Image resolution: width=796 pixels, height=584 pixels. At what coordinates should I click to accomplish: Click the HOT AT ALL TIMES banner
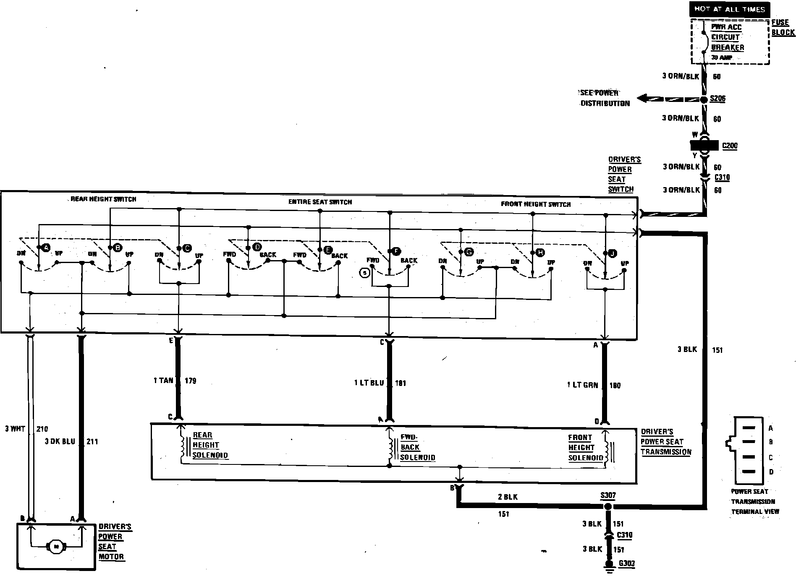[730, 9]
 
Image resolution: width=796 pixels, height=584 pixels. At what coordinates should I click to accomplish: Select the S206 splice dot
[704, 99]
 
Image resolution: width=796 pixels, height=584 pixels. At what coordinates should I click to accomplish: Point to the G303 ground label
[626, 563]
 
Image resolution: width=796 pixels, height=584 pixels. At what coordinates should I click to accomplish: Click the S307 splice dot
[607, 507]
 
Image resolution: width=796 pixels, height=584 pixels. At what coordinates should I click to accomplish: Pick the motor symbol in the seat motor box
[55, 546]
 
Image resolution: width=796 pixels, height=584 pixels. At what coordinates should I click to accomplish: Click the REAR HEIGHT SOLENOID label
[210, 445]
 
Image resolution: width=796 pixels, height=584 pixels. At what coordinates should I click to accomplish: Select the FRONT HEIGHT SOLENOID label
[585, 448]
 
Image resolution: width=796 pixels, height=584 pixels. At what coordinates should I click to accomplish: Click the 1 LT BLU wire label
[369, 383]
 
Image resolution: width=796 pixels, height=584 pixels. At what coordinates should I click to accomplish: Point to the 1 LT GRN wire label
[582, 385]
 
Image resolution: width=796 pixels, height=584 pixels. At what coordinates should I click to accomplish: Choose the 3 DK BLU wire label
[60, 441]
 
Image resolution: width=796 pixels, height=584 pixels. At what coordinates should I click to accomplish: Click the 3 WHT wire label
[16, 429]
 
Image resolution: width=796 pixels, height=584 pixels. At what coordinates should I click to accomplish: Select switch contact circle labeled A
[46, 248]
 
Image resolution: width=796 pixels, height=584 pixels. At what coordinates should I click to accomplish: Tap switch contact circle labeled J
[613, 253]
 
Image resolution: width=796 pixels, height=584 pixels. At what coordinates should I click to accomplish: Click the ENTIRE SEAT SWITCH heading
[320, 202]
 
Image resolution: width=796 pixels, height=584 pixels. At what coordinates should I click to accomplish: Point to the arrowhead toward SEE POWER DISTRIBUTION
[642, 99]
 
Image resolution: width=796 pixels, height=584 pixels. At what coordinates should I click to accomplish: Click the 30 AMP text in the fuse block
[721, 57]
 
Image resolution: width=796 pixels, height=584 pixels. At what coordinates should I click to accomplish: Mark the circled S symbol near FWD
[365, 273]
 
